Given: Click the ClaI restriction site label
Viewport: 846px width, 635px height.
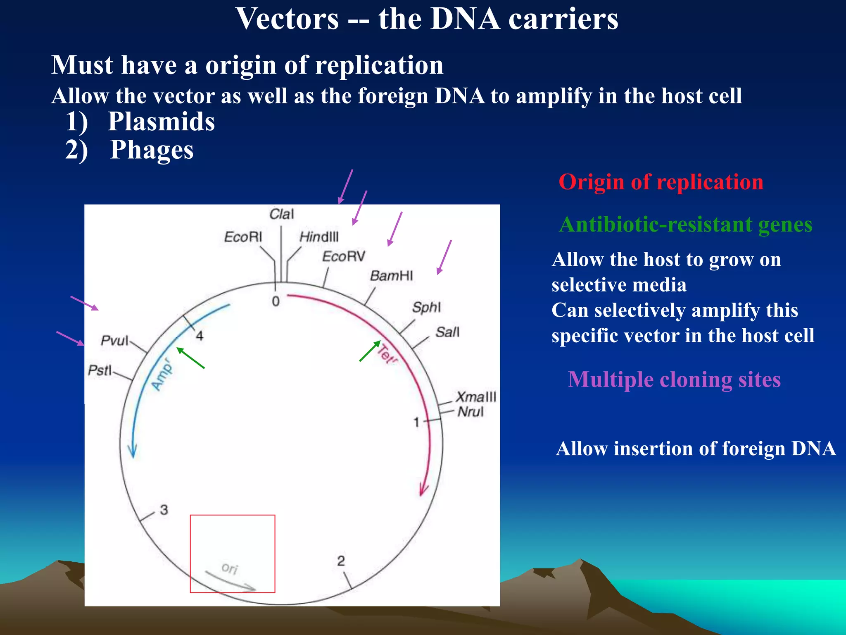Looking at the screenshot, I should tap(281, 214).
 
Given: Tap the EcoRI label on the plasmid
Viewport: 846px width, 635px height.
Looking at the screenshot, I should tap(243, 237).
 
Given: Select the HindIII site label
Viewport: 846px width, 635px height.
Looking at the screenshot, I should tap(318, 237).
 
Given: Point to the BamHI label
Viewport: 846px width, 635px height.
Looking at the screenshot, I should tap(391, 276).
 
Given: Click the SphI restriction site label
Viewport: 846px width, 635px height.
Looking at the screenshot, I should tap(426, 307).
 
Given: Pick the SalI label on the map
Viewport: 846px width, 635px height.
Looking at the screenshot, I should tap(447, 332).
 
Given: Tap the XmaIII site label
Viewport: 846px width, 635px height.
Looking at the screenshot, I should tap(475, 397).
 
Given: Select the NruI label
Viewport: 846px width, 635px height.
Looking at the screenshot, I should tap(470, 412).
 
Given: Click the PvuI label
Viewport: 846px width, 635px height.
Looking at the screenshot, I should tap(114, 341).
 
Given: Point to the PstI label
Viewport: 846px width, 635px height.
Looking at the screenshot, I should tap(100, 370).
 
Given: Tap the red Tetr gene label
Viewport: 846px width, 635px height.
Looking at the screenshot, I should tap(387, 354).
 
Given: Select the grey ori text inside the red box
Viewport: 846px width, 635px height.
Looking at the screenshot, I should tap(230, 568).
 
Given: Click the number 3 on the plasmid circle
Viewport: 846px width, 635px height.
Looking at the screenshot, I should tap(164, 510).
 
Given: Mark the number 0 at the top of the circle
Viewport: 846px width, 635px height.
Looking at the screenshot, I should tap(276, 301).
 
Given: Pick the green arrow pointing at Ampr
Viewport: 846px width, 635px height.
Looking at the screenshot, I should tap(190, 358).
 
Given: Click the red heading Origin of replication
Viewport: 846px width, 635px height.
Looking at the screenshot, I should tap(661, 182).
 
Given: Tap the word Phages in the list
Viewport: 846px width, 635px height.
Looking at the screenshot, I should tap(152, 150).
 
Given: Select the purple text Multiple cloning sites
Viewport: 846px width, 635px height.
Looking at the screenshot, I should tap(674, 379).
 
